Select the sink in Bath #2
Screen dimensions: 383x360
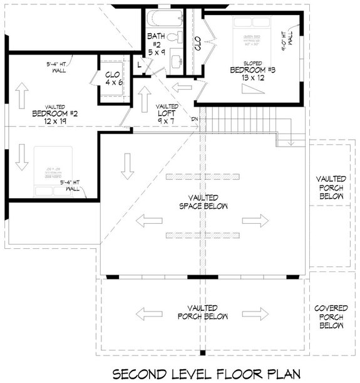177,61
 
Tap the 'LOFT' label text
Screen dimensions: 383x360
167,114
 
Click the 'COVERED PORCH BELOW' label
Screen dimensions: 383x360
331,317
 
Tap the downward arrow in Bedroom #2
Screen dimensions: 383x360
22,156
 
